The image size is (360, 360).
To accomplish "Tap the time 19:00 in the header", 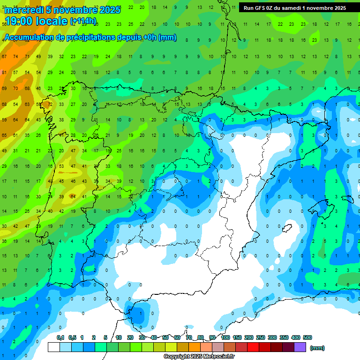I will (x=18, y=21).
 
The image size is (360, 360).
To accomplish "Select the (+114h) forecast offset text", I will (x=83, y=21).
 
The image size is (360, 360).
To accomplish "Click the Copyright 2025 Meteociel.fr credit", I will (x=199, y=357).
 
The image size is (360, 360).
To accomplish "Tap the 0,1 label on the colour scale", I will (x=60, y=337).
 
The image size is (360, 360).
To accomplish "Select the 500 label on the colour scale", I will (x=307, y=337).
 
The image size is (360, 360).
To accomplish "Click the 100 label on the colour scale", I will (x=225, y=337).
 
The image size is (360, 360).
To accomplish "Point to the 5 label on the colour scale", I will (x=105, y=337).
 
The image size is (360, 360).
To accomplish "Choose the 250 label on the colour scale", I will (x=261, y=337).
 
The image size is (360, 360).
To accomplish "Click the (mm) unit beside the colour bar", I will (x=317, y=348).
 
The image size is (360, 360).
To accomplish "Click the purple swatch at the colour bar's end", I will (x=300, y=347).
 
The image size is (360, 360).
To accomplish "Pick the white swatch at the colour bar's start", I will (x=54, y=347).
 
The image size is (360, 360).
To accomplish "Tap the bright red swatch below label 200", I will (x=253, y=347).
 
